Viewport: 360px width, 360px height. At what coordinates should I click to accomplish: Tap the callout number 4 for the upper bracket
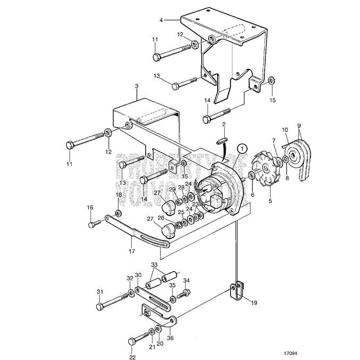coord(160,20)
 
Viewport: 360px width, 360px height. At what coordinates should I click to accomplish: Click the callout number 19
coord(254,302)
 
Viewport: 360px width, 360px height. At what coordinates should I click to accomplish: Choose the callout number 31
coord(99,292)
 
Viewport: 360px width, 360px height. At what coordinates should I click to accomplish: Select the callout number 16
coord(90,208)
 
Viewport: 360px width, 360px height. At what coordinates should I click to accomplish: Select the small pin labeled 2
coord(224,140)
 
